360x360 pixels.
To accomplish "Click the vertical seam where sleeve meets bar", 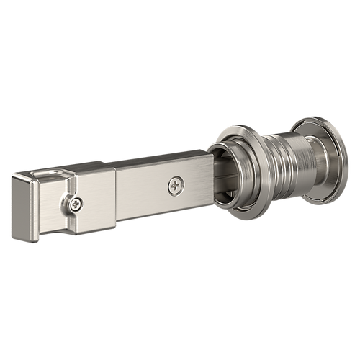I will tap(117, 198).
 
